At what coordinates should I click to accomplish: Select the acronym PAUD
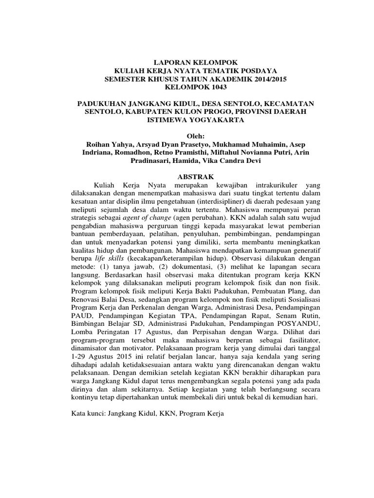point(80,316)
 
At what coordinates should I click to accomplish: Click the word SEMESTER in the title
point(128,79)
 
